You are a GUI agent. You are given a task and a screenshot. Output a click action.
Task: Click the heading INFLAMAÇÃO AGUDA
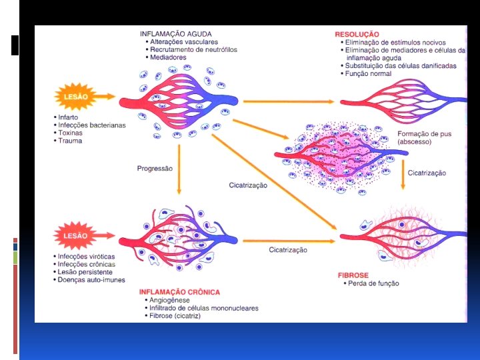(175, 33)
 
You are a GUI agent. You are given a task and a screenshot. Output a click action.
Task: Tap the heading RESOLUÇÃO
(357, 34)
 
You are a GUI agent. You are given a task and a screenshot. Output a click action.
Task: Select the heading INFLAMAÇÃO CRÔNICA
(179, 292)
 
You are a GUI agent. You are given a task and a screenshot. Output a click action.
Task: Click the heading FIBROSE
(353, 275)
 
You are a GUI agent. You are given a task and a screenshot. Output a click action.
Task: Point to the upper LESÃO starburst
(75, 97)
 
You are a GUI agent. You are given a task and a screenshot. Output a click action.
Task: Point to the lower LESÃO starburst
(75, 236)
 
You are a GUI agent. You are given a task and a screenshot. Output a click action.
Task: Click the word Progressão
(155, 169)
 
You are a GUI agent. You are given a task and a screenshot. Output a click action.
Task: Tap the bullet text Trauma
(71, 141)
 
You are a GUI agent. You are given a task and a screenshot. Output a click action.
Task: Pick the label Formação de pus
(424, 134)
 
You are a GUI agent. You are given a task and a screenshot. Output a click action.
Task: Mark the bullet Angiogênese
(170, 301)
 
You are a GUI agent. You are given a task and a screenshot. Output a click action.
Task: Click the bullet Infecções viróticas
(87, 256)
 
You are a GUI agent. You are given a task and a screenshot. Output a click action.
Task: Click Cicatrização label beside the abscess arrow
(427, 173)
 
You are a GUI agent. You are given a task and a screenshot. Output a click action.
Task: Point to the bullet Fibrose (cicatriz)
(175, 316)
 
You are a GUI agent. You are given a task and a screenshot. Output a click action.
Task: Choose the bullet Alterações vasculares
(184, 42)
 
